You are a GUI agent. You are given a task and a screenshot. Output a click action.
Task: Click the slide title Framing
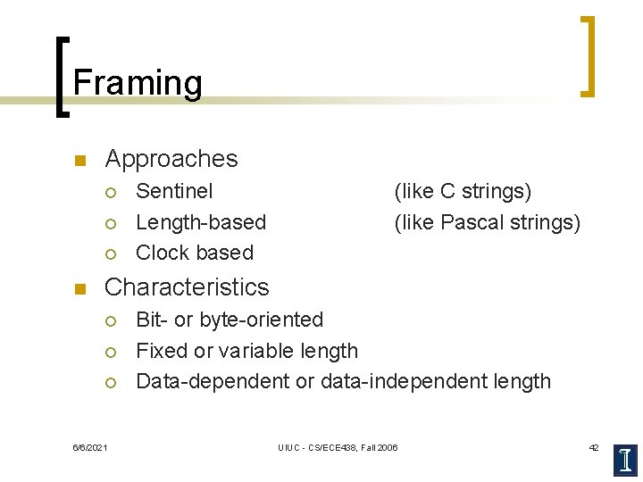point(138,83)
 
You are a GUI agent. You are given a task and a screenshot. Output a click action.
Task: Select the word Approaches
point(171,159)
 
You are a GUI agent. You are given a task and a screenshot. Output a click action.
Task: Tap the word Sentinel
point(174,191)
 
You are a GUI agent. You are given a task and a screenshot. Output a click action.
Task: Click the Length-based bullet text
point(201,222)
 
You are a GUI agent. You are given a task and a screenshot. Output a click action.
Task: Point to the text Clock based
point(195,253)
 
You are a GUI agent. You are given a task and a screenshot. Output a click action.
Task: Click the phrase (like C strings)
point(463,191)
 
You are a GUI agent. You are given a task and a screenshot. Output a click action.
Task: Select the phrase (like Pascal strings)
point(487,222)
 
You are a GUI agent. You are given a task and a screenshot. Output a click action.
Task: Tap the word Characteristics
point(187,287)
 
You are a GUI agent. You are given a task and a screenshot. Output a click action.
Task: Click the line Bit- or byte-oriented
point(230,320)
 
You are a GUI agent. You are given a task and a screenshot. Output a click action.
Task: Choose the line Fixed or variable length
point(246,351)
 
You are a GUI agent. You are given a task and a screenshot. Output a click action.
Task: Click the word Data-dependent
point(213,381)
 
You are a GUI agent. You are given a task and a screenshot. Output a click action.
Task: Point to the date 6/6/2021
point(89,447)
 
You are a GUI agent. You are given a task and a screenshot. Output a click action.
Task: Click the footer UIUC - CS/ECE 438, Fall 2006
point(338,447)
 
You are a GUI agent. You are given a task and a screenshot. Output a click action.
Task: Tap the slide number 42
point(593,447)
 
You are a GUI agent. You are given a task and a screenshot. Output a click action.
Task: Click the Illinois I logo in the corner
point(625,460)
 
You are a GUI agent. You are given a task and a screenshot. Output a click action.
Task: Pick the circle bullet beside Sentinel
point(110,192)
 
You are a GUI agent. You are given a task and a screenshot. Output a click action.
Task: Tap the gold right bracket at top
point(588,55)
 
